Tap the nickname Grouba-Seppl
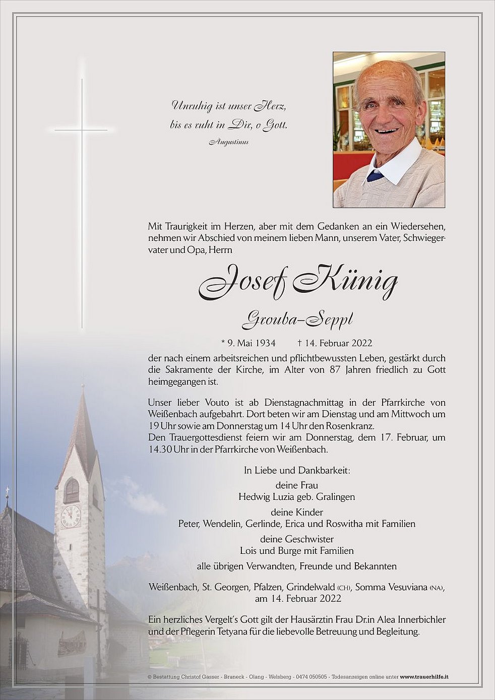[x=297, y=320]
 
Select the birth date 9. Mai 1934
[x=249, y=343]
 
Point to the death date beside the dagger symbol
[x=338, y=343]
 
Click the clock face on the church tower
[x=71, y=516]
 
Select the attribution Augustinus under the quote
[x=228, y=142]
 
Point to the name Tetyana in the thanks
[x=230, y=631]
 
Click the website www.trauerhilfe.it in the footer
[x=424, y=677]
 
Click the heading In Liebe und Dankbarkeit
[x=297, y=470]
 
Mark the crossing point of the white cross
[x=82, y=130]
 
